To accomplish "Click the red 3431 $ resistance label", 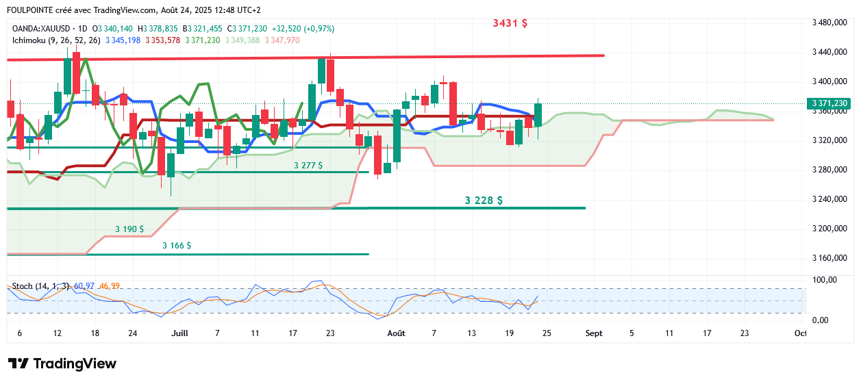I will pyautogui.click(x=510, y=23).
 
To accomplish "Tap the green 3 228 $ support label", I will pyautogui.click(x=484, y=201).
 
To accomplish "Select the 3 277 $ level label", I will pyautogui.click(x=308, y=166).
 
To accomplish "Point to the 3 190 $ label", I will pyautogui.click(x=129, y=229).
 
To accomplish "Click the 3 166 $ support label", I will pyautogui.click(x=177, y=245).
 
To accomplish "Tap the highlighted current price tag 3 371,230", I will pyautogui.click(x=830, y=103).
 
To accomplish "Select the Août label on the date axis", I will pyautogui.click(x=396, y=333).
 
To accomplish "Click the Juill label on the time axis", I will pyautogui.click(x=179, y=333).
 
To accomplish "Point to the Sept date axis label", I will pyautogui.click(x=594, y=333).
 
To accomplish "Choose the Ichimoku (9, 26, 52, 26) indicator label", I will pyautogui.click(x=56, y=40).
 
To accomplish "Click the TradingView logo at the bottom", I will pyautogui.click(x=62, y=363).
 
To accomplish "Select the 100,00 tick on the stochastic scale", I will pyautogui.click(x=825, y=280).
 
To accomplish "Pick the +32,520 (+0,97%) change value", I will pyautogui.click(x=303, y=29).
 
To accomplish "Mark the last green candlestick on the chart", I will pyautogui.click(x=538, y=114).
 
